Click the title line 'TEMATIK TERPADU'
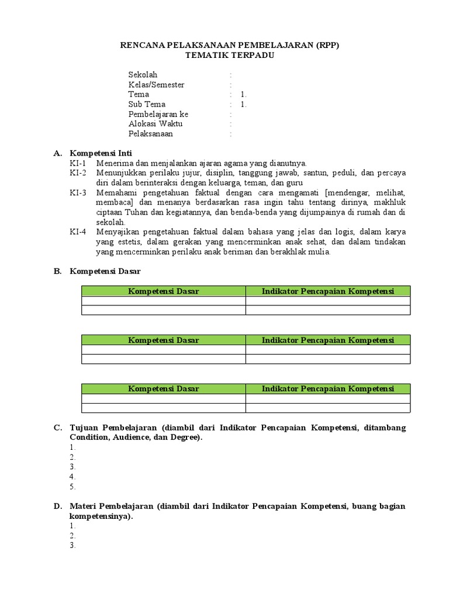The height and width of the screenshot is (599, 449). [229, 56]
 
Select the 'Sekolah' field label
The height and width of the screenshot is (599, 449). [143, 75]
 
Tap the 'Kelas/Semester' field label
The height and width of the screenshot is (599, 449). [156, 85]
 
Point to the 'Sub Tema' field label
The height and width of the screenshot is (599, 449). [147, 105]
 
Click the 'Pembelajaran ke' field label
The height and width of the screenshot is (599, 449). [158, 115]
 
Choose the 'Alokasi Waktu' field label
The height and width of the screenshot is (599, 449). [156, 124]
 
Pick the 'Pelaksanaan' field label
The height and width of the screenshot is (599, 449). [150, 134]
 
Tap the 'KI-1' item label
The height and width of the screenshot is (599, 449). [78, 163]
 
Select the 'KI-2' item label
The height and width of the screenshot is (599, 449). [78, 173]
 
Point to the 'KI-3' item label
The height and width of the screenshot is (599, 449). [78, 192]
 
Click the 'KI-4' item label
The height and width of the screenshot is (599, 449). [78, 232]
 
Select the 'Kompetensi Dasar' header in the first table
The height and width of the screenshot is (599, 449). [163, 291]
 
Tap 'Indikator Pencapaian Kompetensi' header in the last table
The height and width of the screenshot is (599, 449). [327, 389]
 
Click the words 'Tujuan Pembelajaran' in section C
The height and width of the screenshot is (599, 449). [113, 428]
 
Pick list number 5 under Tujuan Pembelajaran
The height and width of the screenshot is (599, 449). [72, 487]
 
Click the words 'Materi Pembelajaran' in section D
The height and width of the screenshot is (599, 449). [111, 507]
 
